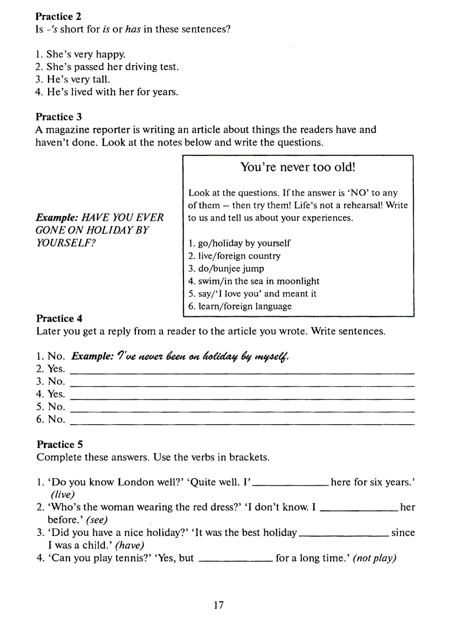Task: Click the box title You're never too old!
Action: click(x=297, y=166)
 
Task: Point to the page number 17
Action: click(x=219, y=606)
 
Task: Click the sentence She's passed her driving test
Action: click(x=107, y=67)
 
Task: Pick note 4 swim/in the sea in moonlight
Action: click(x=254, y=281)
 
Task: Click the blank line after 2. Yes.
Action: click(x=243, y=373)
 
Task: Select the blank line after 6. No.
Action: click(x=243, y=423)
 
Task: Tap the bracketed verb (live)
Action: click(x=62, y=495)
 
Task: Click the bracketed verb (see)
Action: click(x=97, y=520)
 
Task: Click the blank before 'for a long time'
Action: click(x=235, y=562)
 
